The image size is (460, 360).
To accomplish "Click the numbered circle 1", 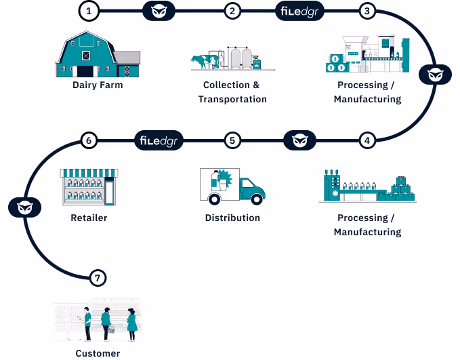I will coord(89,11).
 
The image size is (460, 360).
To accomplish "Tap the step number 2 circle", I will coord(232,11).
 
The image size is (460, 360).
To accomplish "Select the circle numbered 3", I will coord(367,11).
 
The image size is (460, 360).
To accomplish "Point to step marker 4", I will coord(367,141).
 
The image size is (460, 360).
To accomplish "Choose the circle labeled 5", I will coord(232,141).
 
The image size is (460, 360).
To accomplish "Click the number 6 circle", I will coord(89,141).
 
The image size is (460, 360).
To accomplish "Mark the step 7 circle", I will coord(98,278).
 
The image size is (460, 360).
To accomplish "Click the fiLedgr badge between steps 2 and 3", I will coord(299,11).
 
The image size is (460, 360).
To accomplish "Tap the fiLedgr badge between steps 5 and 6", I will coord(159,141).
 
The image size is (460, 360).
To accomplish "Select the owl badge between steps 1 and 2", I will coord(161,11).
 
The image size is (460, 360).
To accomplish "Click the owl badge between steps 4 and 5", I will coord(299,141).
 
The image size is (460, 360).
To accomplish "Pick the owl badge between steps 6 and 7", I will coord(24,207).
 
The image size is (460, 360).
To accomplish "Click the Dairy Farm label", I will coord(98,85).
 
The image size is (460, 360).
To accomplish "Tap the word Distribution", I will coord(232,218).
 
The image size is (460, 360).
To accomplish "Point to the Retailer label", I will coord(89,218).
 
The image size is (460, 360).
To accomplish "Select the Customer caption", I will coord(98,353).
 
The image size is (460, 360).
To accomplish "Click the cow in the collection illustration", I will coord(201,62).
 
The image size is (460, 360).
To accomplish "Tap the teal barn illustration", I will coord(87,55).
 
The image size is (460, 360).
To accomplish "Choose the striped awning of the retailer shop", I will coord(89,174).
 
